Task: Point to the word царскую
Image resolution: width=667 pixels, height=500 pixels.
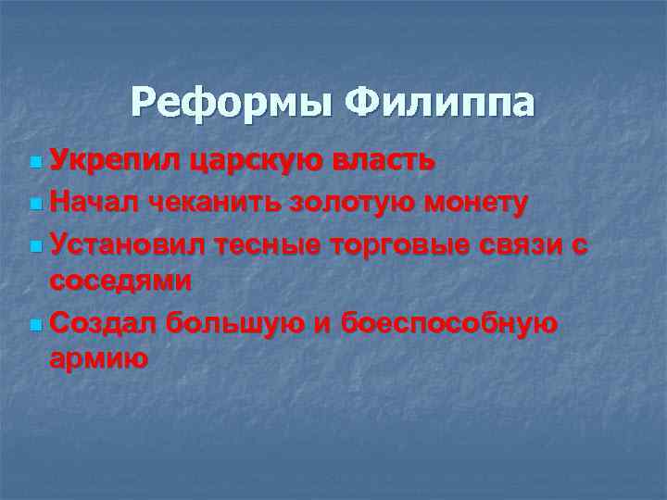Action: click(253, 161)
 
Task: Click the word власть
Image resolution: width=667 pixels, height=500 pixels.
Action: click(379, 161)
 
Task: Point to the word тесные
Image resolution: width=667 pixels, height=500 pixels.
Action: click(267, 243)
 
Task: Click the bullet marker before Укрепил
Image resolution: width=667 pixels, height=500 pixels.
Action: click(35, 163)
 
